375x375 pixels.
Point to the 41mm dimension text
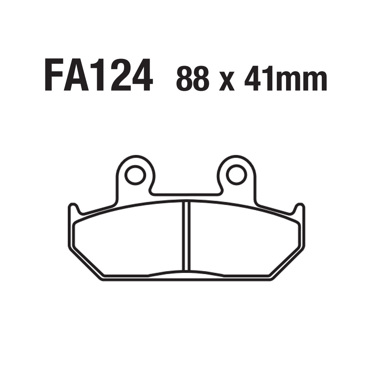coord(285,79)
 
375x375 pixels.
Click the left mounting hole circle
coord(135,175)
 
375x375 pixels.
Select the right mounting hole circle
coord(237,175)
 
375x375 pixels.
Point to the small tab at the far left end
coord(73,210)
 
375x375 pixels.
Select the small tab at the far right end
coord(300,210)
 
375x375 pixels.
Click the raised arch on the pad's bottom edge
coord(186,273)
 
